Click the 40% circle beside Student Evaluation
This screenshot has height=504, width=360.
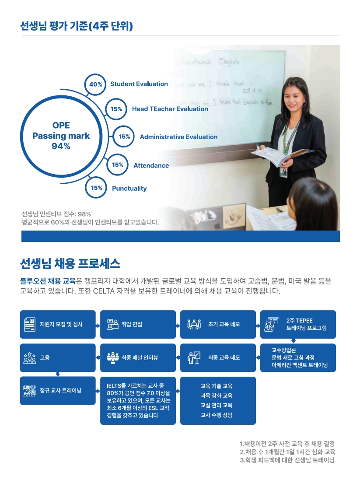(x=96, y=84)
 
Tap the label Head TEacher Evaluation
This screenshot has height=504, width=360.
(x=170, y=109)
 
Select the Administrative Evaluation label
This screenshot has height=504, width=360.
(x=178, y=137)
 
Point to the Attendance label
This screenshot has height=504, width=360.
(x=151, y=165)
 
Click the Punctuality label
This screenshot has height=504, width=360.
(x=129, y=189)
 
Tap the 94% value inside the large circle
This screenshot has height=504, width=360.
(x=61, y=146)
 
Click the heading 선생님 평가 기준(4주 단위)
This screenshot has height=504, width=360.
(x=77, y=26)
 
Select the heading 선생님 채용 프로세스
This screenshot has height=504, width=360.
(x=70, y=264)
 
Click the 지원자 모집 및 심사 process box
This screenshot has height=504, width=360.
(x=58, y=325)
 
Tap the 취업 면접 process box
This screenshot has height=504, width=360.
(x=138, y=325)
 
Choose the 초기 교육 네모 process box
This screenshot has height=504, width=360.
(x=218, y=325)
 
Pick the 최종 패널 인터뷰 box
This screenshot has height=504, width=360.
(x=138, y=358)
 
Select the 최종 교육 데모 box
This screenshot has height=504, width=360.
(x=218, y=358)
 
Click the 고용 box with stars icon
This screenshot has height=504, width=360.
(x=58, y=358)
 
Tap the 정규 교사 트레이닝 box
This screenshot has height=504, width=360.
(x=58, y=390)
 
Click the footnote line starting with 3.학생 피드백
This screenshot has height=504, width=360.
(x=287, y=460)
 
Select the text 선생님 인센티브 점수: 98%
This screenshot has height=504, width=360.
(x=56, y=214)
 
